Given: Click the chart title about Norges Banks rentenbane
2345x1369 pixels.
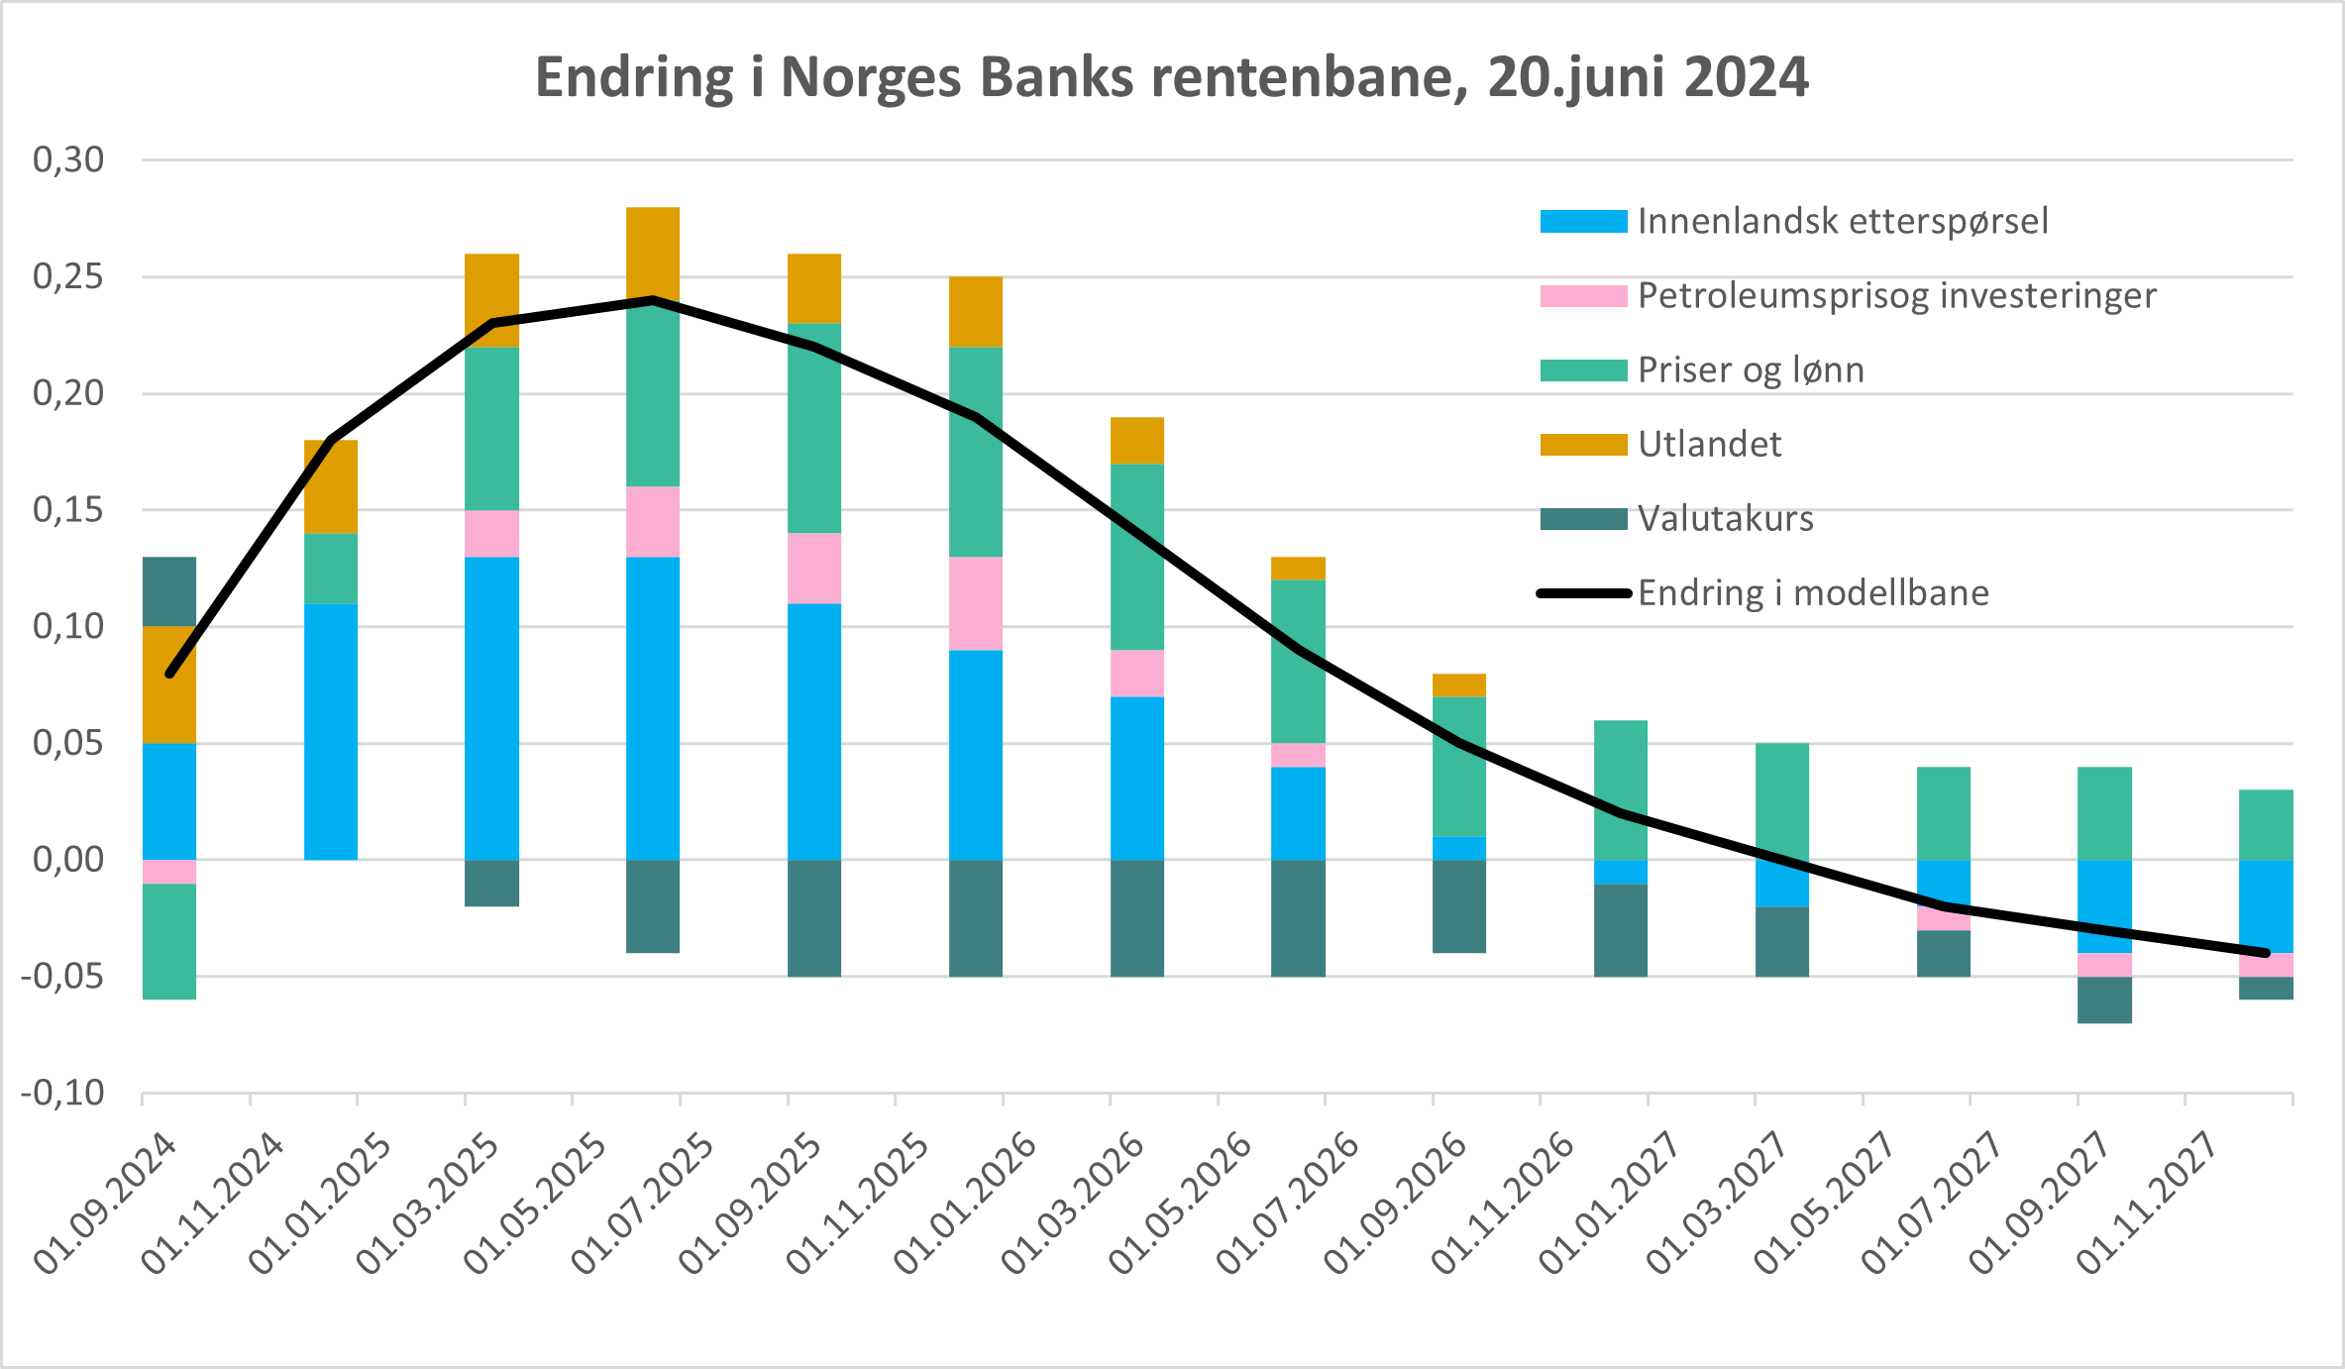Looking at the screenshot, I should coord(1171,77).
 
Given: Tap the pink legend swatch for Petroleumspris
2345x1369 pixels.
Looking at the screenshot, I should coord(1583,296).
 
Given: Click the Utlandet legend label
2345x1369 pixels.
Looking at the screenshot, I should coord(1709,444).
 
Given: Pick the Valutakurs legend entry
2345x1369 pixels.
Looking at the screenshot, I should coord(1725,518).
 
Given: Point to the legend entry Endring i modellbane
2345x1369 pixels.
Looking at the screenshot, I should coord(1812,592).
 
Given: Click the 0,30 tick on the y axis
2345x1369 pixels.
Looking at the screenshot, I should coord(68,159).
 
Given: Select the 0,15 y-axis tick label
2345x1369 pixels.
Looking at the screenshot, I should coord(68,510).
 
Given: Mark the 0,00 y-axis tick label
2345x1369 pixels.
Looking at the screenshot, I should coord(68,860).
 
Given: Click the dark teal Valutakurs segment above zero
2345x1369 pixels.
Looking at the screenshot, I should coord(169,591).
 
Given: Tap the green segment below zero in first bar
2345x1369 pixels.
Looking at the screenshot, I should coord(169,941).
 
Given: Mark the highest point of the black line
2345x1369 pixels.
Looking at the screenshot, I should coord(653,299).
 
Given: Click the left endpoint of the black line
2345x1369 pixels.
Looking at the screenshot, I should coord(169,674).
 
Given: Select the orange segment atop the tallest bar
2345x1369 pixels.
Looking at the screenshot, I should coord(653,253).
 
